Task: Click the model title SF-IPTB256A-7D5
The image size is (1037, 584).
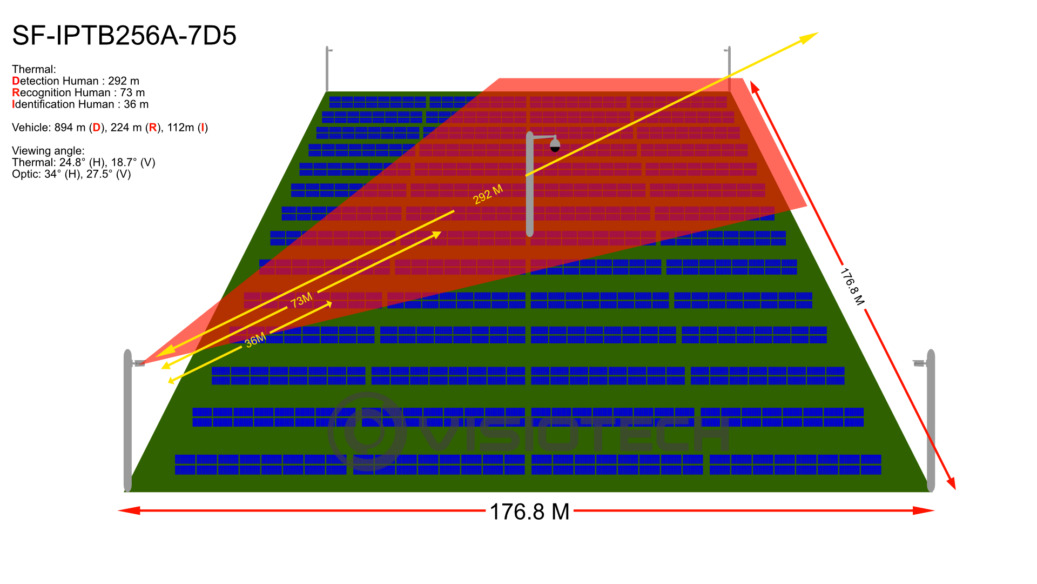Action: [x=124, y=36]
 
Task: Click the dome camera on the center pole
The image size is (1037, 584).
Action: [x=555, y=145]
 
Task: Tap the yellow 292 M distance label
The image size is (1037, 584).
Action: [x=488, y=194]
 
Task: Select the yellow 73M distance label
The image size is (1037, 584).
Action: [x=302, y=300]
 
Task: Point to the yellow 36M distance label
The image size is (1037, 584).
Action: [x=255, y=340]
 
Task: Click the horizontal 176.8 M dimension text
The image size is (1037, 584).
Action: [x=529, y=512]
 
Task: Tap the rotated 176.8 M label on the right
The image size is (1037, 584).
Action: [x=852, y=287]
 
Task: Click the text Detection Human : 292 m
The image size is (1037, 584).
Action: [x=76, y=81]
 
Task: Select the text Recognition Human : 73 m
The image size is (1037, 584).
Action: [x=78, y=92]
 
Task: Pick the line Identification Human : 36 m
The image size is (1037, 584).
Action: [x=80, y=104]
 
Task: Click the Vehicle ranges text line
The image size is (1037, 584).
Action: [x=110, y=128]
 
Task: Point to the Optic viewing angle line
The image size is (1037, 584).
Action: [x=71, y=174]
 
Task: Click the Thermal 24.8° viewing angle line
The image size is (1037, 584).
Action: [x=84, y=162]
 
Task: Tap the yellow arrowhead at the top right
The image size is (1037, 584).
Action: [x=809, y=37]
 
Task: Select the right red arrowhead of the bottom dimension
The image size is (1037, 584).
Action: [x=924, y=510]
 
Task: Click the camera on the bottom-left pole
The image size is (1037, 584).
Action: [x=139, y=363]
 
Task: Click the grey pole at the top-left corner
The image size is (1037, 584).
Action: [x=327, y=69]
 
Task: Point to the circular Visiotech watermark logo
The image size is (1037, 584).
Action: [x=367, y=431]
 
